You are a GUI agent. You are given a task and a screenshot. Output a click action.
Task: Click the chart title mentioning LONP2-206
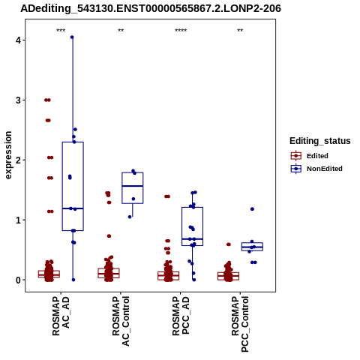tap(151, 8)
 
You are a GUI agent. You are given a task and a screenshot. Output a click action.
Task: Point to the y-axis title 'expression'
tap(8, 155)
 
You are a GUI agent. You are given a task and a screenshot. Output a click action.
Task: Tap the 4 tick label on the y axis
tap(18, 40)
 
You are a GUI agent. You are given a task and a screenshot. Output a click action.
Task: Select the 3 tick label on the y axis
tap(18, 100)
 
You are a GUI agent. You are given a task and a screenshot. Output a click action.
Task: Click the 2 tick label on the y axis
tap(18, 160)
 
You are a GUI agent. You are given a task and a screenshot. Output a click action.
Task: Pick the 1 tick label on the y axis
tap(18, 220)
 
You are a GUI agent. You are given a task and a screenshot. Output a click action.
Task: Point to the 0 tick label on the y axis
tap(18, 280)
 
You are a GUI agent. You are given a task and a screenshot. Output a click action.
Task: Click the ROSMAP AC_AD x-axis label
tap(61, 316)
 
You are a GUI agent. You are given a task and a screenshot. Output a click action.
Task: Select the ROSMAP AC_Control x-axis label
tap(121, 321)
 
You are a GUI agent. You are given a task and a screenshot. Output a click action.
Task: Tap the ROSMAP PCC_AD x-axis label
tap(181, 316)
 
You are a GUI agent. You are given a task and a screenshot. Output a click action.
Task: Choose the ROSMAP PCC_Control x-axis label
tap(240, 324)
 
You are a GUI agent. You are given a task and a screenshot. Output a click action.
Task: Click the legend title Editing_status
tap(320, 141)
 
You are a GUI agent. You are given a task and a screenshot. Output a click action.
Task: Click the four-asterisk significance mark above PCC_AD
tap(181, 31)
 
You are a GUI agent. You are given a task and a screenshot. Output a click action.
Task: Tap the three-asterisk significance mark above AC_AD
tap(61, 31)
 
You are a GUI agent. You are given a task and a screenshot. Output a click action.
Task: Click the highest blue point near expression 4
tap(72, 37)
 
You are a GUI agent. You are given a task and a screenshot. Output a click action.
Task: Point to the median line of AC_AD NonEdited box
tap(73, 208)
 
